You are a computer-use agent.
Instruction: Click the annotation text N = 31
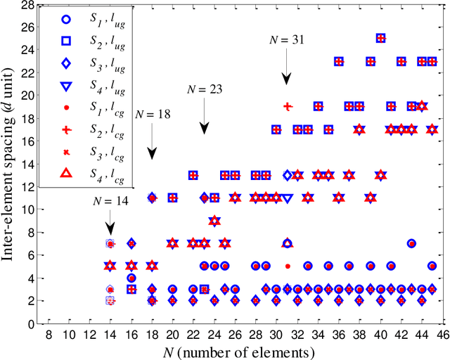[287, 40]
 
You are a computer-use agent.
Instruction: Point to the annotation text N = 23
[205, 89]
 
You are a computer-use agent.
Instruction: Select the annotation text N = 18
[153, 113]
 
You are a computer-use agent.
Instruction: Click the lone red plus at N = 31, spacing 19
[287, 106]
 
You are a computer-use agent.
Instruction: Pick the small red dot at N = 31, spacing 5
[287, 266]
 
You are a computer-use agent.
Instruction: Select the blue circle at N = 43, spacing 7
[411, 243]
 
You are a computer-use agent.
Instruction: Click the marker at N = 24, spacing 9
[214, 221]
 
